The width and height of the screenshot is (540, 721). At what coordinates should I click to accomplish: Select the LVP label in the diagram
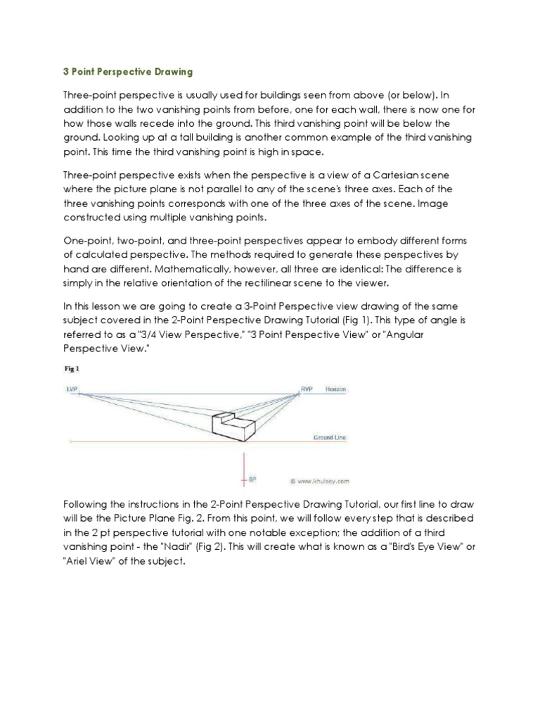point(72,389)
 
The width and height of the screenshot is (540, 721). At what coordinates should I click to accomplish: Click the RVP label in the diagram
point(307,389)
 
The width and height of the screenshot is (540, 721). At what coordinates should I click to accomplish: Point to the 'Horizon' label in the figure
point(335,389)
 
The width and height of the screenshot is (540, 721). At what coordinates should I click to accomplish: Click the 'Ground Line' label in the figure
point(329,437)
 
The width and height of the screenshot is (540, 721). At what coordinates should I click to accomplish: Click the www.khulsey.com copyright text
point(319,482)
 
